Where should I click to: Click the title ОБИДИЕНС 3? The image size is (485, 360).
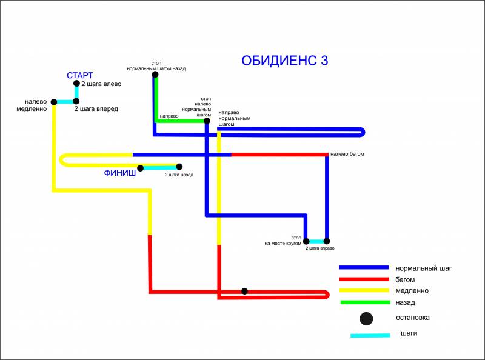(284, 61)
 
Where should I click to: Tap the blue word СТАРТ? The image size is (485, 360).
(80, 75)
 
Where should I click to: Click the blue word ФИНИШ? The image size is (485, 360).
(119, 173)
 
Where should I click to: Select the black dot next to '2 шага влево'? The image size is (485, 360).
(77, 84)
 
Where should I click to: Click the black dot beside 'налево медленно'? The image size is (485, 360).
(54, 102)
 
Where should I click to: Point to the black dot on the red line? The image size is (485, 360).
(244, 291)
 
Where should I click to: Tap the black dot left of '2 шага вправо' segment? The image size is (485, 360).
(306, 241)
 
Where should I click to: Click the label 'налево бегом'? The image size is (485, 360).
(347, 154)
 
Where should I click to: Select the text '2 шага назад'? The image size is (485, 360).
(179, 175)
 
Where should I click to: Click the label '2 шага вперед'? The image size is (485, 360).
(96, 109)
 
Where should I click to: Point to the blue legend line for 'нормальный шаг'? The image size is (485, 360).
(364, 267)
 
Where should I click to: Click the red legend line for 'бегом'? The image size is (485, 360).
(364, 279)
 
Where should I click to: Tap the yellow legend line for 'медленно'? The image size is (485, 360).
(364, 290)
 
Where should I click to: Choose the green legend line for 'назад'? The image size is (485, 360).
(366, 302)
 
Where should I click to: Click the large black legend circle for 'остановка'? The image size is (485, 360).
(366, 319)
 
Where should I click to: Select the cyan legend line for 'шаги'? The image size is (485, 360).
(370, 335)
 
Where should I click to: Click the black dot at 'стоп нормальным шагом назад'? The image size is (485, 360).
(155, 74)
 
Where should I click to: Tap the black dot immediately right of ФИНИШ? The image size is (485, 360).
(141, 168)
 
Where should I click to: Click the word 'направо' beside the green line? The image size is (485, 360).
(169, 116)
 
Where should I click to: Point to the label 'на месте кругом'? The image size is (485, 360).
(283, 244)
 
